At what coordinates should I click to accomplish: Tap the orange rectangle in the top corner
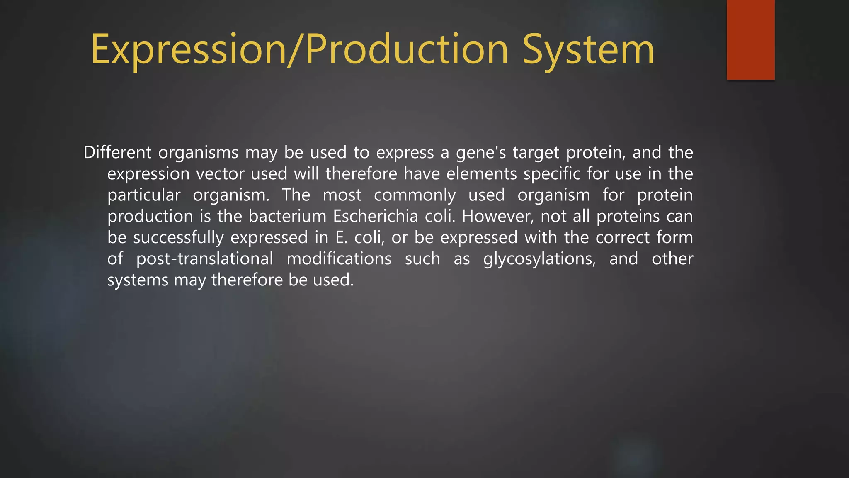tap(750, 39)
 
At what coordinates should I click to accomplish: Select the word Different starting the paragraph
tap(117, 152)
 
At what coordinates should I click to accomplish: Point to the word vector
tap(220, 174)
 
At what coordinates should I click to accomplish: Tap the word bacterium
tap(287, 216)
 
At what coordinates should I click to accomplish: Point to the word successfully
tap(178, 238)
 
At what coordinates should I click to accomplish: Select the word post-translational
tap(204, 259)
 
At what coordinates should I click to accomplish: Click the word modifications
tap(339, 259)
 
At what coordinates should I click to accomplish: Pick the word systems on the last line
tap(138, 280)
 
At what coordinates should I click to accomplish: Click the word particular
tap(144, 195)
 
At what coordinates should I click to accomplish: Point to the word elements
tap(481, 174)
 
